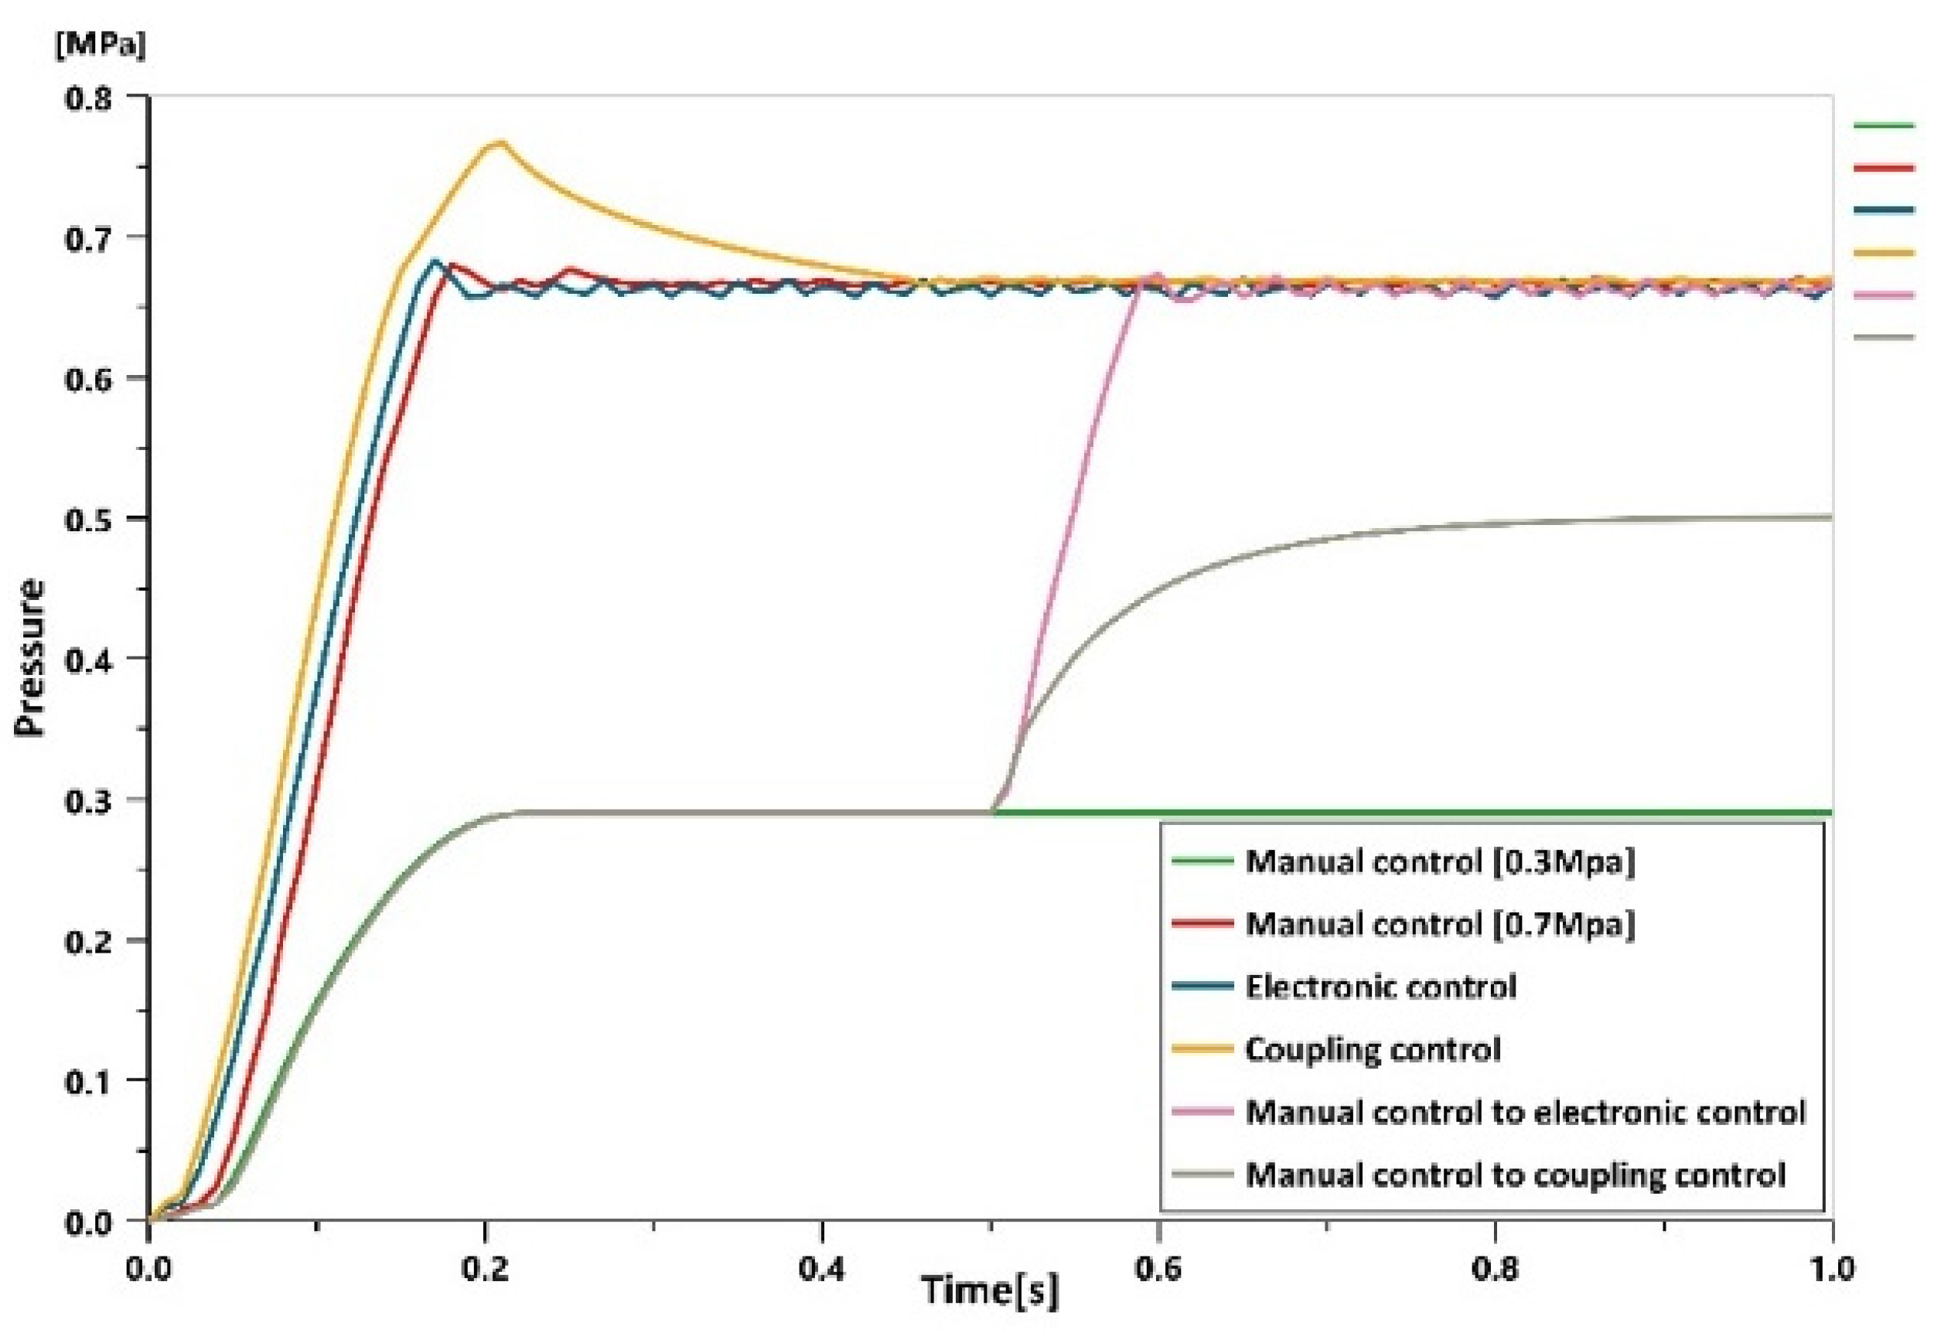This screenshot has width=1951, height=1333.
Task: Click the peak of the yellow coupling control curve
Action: coord(501,143)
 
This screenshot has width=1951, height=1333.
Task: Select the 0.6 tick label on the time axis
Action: coord(1159,1268)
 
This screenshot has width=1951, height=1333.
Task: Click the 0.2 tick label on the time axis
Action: coord(485,1268)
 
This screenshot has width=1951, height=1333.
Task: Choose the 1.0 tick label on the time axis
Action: coord(1832,1268)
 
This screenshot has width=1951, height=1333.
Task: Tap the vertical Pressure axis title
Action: coord(30,659)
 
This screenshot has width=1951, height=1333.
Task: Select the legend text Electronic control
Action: coord(1380,987)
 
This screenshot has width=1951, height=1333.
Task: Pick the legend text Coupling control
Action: coord(1373,1050)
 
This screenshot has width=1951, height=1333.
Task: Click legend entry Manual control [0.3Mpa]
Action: coord(1441,862)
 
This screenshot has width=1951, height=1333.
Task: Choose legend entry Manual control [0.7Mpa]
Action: coord(1441,924)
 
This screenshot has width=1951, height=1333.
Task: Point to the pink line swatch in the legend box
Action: coord(1202,1112)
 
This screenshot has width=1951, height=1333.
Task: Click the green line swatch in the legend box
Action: coord(1202,862)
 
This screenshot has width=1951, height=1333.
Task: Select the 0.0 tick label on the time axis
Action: coord(148,1268)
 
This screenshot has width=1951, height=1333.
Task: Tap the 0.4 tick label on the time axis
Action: coord(822,1268)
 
